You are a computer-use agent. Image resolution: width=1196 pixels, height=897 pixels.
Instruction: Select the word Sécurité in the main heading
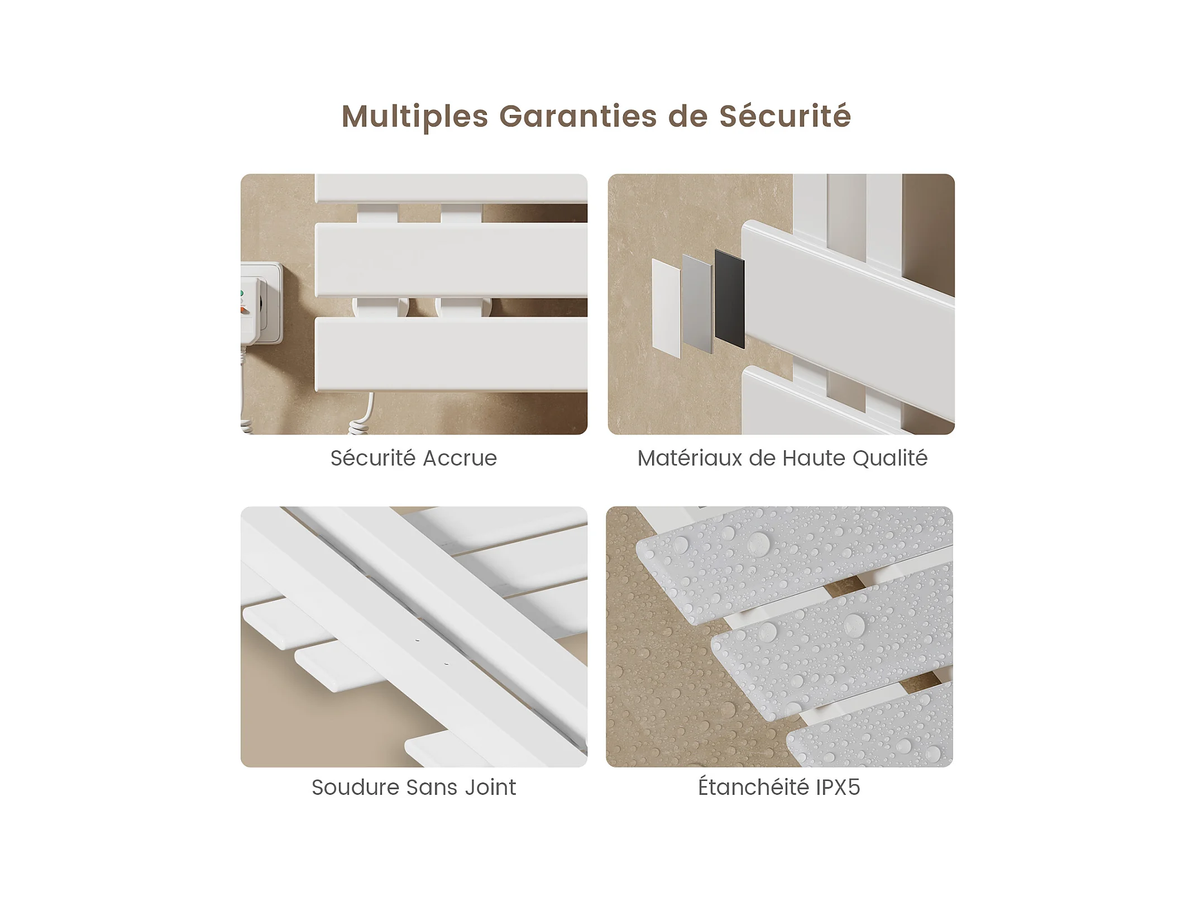[x=784, y=116]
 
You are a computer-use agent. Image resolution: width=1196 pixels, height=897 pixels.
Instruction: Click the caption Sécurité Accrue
[x=414, y=458]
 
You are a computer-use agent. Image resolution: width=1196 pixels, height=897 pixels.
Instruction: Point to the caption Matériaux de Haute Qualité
[x=782, y=458]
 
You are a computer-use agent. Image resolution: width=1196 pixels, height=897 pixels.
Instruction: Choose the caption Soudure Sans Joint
[x=414, y=787]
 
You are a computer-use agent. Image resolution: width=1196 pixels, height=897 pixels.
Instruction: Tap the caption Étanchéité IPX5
[x=779, y=786]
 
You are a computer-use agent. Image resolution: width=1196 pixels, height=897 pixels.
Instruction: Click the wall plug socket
[x=261, y=304]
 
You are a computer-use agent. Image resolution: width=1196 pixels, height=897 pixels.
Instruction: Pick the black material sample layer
[x=729, y=299]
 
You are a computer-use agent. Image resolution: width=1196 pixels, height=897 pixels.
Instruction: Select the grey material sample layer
[x=697, y=303]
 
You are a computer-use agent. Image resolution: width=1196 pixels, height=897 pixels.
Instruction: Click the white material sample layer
[x=666, y=308]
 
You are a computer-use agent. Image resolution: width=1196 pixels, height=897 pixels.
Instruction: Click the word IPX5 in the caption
[x=838, y=787]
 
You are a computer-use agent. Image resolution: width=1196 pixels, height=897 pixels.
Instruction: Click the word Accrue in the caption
[x=460, y=459]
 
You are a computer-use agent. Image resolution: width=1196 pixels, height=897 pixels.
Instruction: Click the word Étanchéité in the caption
[x=754, y=786]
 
